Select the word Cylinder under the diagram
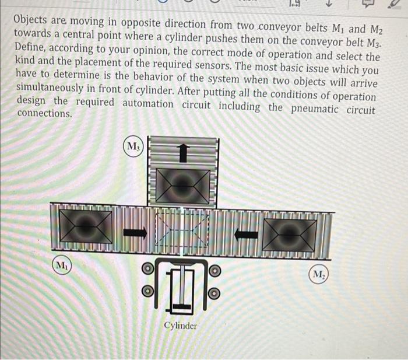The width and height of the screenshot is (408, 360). (x=180, y=326)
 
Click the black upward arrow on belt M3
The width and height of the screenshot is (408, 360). (x=184, y=153)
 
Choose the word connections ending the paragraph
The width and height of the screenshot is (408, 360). (x=44, y=113)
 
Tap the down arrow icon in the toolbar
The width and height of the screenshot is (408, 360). (x=328, y=5)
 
